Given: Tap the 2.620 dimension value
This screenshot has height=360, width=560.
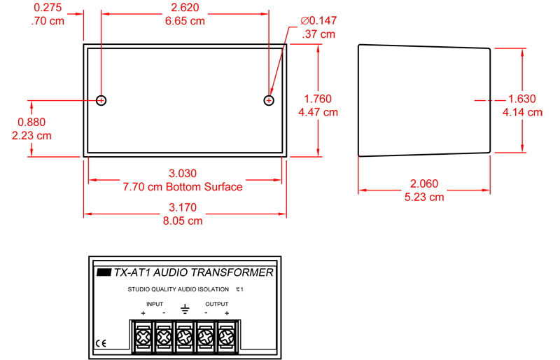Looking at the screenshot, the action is pos(185,8).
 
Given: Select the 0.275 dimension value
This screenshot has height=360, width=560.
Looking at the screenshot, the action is pos(48,8).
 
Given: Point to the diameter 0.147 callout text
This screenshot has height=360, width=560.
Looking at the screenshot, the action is pos(318,21).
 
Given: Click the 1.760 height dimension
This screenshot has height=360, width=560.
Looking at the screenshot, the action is pos(318,99).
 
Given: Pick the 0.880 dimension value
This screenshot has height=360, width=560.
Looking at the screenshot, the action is pos(31,123).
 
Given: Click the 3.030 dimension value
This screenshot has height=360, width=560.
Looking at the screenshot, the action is pos(183,174).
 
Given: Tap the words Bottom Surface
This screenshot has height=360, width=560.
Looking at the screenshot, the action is pos(204,187).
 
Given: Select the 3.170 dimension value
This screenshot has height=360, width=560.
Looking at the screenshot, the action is pos(183,208).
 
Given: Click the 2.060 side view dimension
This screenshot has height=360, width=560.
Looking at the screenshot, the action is pos(424,184).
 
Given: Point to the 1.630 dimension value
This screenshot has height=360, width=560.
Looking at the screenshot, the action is pos(522,99).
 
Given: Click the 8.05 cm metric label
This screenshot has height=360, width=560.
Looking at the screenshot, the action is pos(183,221).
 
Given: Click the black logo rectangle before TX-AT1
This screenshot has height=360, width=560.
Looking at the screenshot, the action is pos(104,272).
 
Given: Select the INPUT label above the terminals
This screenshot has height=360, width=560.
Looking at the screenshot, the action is pos(155,304).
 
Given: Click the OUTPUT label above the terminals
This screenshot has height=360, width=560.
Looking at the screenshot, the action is pos(217,304).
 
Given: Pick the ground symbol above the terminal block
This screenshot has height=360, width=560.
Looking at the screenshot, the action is pos(185,310).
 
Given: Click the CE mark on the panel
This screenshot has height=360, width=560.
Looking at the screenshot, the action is pos(101,344).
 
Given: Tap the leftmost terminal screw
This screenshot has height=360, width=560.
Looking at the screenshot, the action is pos(143,337).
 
